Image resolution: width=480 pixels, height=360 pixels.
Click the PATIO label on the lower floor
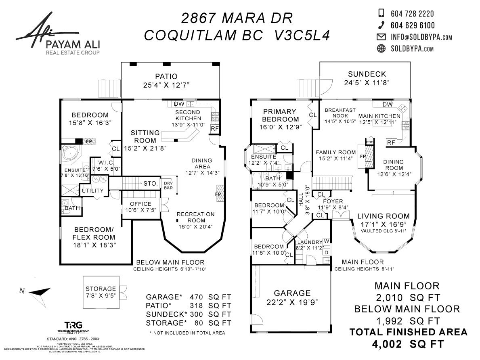tap(166, 77)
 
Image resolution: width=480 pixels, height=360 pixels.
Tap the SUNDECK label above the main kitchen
tap(367, 74)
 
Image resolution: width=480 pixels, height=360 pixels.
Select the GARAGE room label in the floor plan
tap(293, 293)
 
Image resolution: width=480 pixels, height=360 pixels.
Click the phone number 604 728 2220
tap(412, 14)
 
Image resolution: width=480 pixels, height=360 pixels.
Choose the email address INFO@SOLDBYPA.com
tap(421, 37)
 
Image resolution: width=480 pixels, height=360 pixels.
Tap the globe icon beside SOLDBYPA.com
tap(381, 49)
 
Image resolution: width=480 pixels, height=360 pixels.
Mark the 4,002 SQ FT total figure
tap(409, 344)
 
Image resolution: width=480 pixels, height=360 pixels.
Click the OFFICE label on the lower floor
tap(141, 204)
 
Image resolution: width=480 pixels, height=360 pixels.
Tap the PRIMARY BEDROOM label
tap(281, 115)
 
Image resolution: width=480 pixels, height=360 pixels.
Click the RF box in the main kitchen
tap(391, 142)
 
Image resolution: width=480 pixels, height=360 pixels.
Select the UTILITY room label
tap(93, 190)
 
